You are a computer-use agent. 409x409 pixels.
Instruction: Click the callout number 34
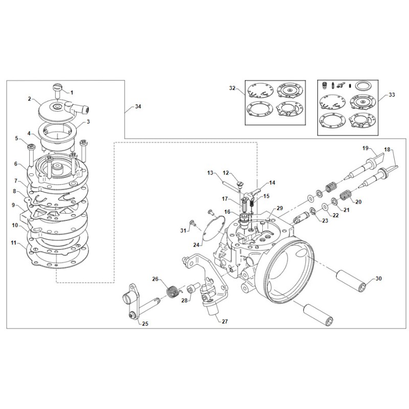point(138,106)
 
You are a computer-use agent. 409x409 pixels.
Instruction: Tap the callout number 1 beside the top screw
point(72,93)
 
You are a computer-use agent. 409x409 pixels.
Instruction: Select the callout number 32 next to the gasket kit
point(232,88)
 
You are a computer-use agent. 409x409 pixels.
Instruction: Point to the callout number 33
point(392,95)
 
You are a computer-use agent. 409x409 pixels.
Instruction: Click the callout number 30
point(378,279)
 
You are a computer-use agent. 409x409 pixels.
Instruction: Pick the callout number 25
point(145,324)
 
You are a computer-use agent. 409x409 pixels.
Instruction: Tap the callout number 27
point(223,322)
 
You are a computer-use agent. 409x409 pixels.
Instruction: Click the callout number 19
point(366,148)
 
